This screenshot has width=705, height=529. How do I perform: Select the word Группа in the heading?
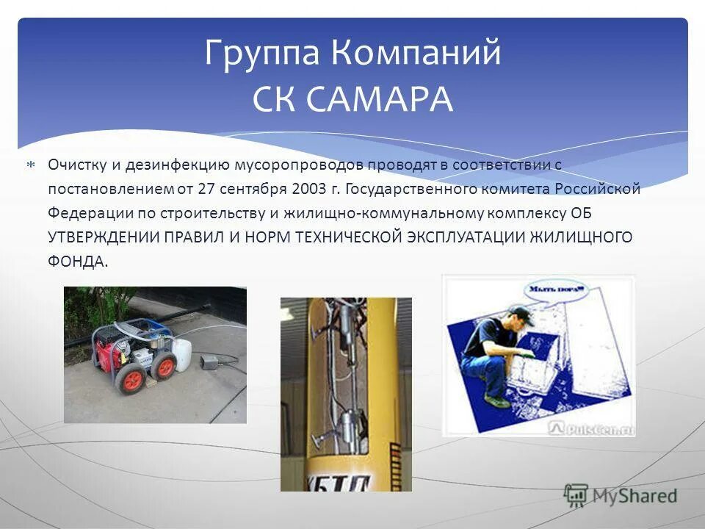[262, 54]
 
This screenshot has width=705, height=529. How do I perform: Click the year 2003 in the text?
[308, 189]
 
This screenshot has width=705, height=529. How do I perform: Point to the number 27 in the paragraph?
[206, 189]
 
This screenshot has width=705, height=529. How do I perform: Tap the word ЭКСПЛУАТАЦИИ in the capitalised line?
[463, 238]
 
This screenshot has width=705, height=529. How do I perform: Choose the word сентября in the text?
[253, 189]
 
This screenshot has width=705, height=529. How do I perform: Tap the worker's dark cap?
[519, 312]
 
